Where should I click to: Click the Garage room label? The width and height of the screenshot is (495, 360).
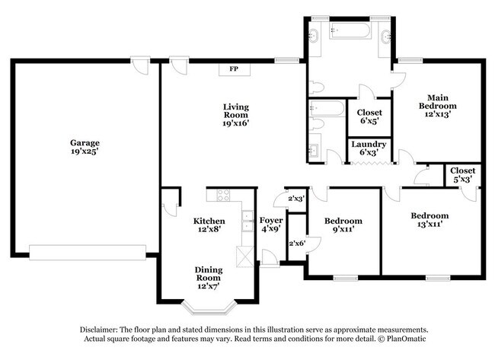85,147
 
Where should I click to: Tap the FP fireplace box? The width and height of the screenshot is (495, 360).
232,69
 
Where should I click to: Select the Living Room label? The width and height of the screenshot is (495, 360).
235,114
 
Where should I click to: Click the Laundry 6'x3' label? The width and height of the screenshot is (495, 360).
369,148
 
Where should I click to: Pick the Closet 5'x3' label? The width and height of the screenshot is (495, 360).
462,174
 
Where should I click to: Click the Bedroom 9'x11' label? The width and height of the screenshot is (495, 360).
343,226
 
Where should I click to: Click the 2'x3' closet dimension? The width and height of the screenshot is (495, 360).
295,199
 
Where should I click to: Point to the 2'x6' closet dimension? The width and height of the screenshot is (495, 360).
295,243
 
